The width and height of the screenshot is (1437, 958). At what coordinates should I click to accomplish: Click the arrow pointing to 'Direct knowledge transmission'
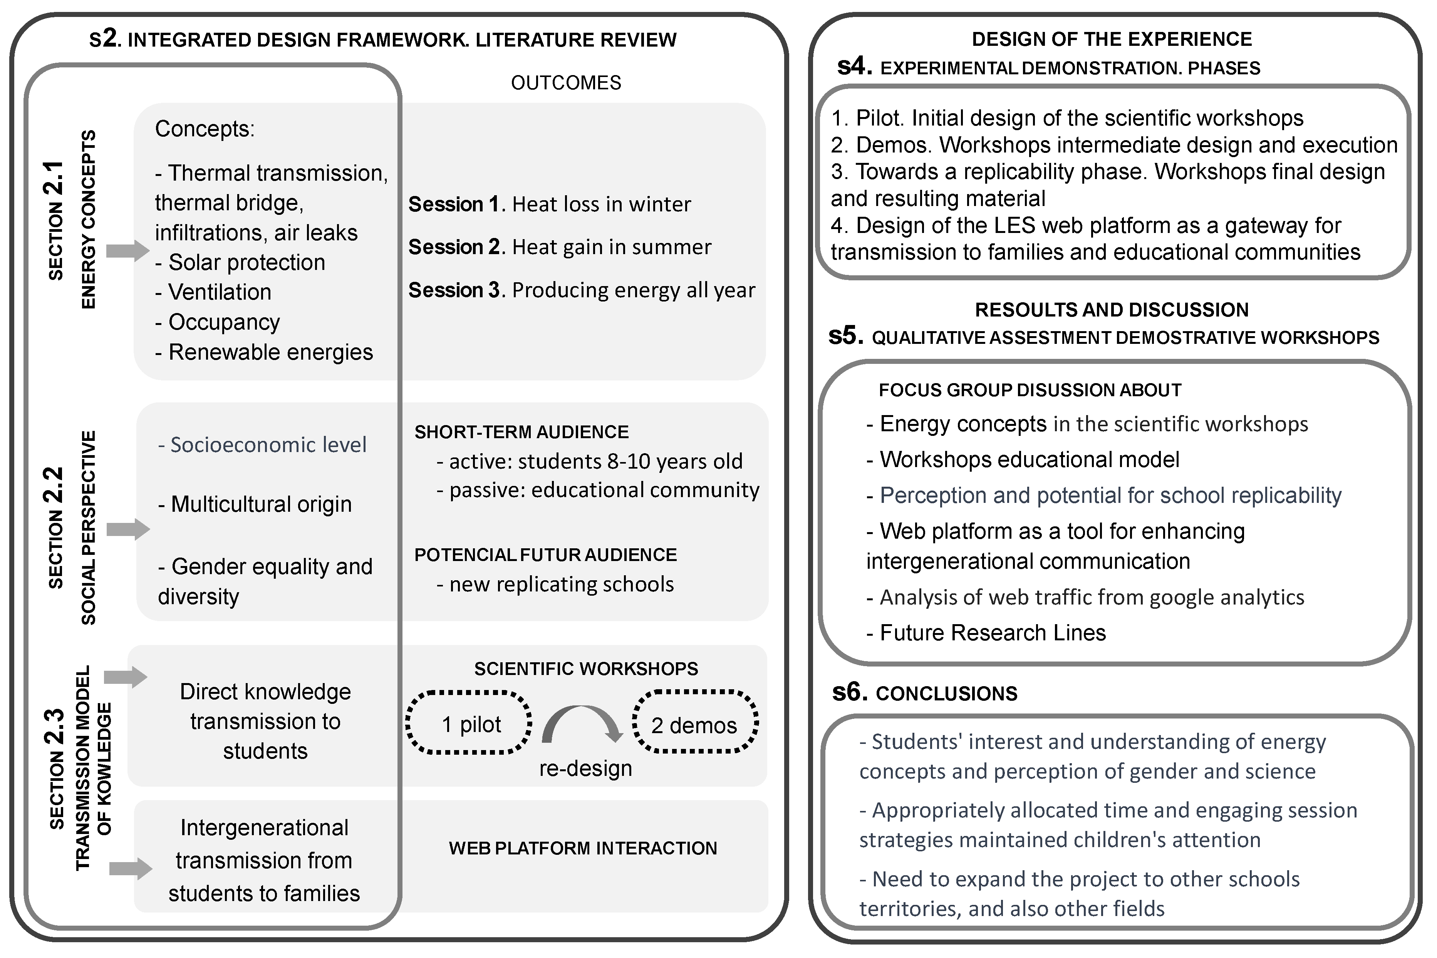tap(125, 677)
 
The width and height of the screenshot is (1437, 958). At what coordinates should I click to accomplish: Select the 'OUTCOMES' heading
tap(566, 82)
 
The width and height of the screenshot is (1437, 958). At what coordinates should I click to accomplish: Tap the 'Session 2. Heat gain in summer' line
tap(560, 247)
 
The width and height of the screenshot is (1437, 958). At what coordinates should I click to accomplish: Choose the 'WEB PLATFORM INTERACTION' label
tap(583, 848)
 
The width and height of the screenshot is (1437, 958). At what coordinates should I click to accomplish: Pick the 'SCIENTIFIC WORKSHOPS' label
tap(586, 668)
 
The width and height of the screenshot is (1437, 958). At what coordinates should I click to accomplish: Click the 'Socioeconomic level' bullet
tap(262, 445)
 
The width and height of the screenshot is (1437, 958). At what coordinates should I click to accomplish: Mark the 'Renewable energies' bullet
tap(264, 352)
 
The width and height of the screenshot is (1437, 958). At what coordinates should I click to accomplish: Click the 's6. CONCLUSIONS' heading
tap(925, 693)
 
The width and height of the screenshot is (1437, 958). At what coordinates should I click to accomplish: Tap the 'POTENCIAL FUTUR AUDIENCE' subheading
tap(546, 555)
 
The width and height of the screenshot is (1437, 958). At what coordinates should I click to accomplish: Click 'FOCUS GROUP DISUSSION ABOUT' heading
tap(1030, 390)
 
